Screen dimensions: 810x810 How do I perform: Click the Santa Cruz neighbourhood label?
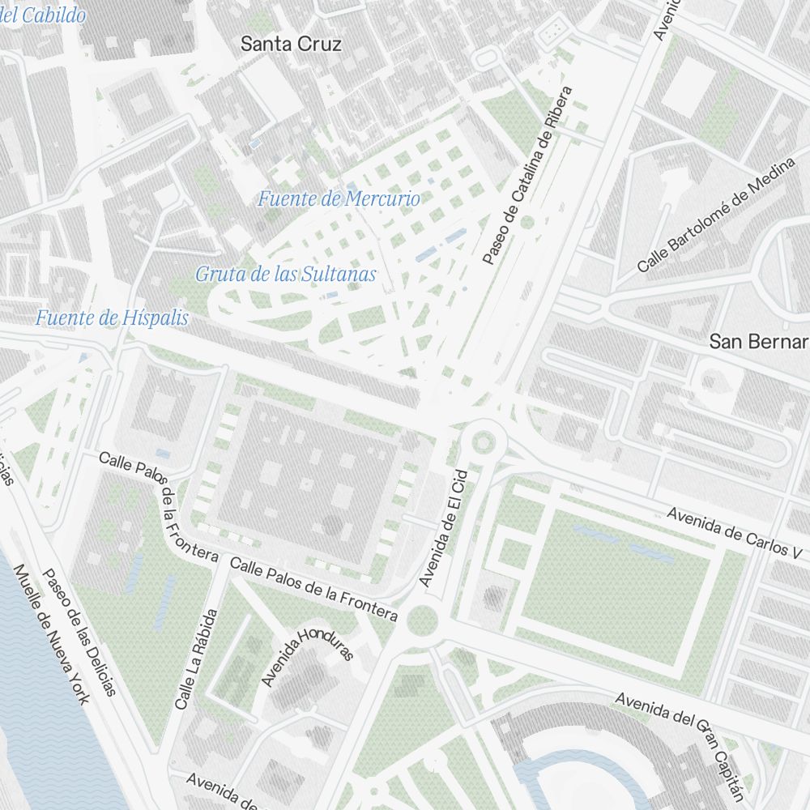tap(291, 45)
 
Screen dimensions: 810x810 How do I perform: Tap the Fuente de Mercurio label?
tap(339, 198)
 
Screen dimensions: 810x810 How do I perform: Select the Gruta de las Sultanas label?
tap(285, 275)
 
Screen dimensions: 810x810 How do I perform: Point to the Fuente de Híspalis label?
tap(111, 318)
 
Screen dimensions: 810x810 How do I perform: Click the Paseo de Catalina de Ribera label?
tap(526, 176)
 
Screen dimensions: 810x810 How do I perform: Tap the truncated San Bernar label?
tap(758, 342)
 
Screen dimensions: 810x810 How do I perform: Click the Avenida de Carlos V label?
tap(736, 532)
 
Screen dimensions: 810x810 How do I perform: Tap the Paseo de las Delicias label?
tap(79, 632)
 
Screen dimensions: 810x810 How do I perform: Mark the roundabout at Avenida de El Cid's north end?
tap(484, 442)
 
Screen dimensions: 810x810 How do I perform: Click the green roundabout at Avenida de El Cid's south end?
tap(422, 621)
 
